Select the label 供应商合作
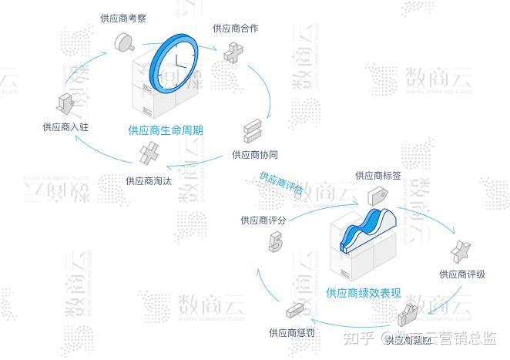tap(235, 29)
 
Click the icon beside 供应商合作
tap(233, 52)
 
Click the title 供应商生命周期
tap(166, 130)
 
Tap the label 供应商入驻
tap(65, 127)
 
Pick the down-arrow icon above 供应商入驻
tap(65, 103)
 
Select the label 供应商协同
tap(255, 154)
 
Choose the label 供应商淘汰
tap(149, 180)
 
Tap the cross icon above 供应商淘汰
tap(149, 153)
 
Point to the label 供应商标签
tap(377, 176)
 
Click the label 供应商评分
tap(263, 220)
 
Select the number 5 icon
tap(274, 244)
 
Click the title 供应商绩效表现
tap(364, 293)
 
